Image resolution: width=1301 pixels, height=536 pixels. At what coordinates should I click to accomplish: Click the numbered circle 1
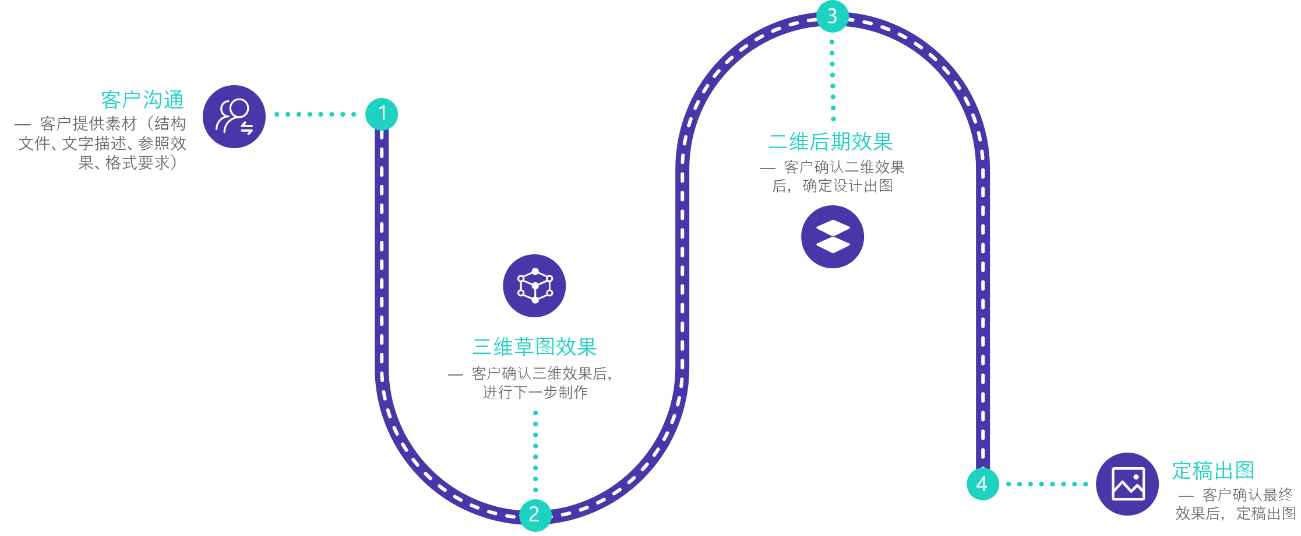(382, 114)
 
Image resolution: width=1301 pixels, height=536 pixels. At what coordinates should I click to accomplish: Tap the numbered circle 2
(535, 514)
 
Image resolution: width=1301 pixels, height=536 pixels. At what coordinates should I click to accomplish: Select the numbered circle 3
(832, 16)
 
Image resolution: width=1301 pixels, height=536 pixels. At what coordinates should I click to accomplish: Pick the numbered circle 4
(982, 484)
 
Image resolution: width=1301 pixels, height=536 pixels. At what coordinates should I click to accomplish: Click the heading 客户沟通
(142, 100)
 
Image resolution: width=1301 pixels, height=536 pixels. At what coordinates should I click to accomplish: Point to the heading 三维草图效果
(535, 347)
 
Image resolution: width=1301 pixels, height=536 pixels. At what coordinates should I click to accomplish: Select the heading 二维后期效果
(830, 142)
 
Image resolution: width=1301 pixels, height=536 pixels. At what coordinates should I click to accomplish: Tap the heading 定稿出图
(1213, 470)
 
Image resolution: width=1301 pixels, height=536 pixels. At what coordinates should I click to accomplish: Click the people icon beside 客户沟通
(234, 117)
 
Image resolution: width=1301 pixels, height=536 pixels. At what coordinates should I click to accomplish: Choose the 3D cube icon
(534, 286)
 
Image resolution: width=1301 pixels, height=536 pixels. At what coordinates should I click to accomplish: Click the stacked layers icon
(833, 237)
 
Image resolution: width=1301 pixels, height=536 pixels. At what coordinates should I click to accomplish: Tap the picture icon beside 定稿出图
(1127, 484)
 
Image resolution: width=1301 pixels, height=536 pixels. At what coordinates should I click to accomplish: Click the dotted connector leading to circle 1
(315, 114)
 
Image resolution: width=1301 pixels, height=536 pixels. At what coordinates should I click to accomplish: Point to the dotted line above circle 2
(535, 451)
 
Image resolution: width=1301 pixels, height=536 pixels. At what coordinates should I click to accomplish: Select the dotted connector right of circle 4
(1047, 484)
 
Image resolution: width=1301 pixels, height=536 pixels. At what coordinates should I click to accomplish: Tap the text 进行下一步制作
(535, 392)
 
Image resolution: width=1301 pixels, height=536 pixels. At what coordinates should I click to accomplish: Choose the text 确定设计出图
(847, 186)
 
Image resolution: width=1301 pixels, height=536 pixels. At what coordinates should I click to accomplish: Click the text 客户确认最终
(1247, 495)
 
